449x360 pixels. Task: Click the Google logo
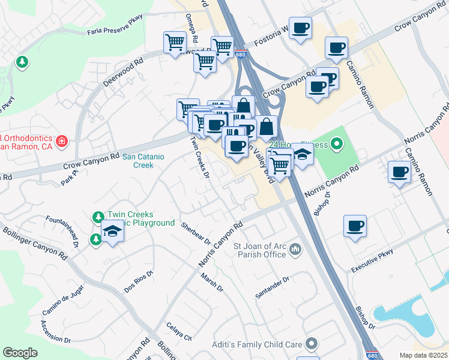click(20, 353)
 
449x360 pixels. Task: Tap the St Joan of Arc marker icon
click(295, 248)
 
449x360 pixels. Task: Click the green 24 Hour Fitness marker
click(336, 144)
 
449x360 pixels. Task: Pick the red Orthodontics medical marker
click(61, 142)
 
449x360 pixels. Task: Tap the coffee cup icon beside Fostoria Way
click(300, 28)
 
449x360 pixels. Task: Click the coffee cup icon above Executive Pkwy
click(355, 226)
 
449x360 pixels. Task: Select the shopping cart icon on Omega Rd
click(175, 43)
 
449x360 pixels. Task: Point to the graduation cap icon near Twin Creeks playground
click(112, 231)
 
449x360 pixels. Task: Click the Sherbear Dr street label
click(196, 233)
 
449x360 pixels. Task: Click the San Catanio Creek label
click(139, 161)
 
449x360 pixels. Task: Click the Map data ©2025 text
click(423, 355)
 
